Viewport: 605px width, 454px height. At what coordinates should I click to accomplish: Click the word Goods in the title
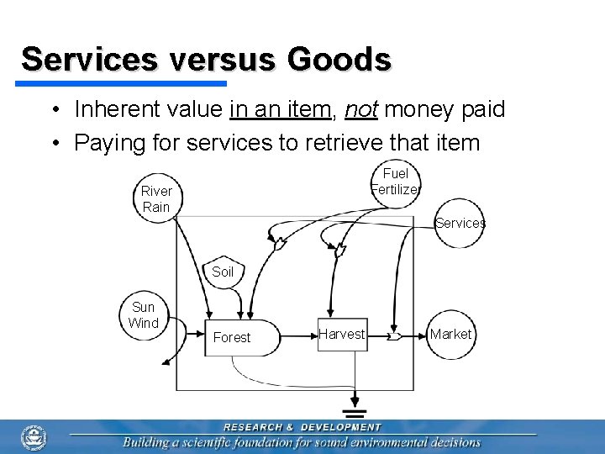click(339, 60)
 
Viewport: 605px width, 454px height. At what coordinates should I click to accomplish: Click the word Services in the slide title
click(89, 60)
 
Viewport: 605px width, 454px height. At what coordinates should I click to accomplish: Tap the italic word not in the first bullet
click(360, 109)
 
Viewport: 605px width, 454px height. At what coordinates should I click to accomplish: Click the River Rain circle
click(156, 199)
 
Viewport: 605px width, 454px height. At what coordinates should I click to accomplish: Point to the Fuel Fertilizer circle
click(395, 182)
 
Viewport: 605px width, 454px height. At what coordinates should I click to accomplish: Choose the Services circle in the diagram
click(460, 223)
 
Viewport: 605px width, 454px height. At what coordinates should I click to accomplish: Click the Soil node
click(223, 271)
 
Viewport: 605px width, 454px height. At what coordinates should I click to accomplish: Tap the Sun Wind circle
click(144, 315)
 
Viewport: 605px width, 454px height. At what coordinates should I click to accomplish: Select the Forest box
click(232, 337)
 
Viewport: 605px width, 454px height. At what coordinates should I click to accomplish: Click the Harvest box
click(341, 334)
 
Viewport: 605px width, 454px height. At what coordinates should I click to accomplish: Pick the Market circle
click(450, 334)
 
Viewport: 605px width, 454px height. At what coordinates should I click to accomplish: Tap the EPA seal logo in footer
click(34, 437)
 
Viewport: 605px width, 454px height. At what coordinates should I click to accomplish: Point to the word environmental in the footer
click(386, 442)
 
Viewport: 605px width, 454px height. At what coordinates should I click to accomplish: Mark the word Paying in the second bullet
click(110, 143)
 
